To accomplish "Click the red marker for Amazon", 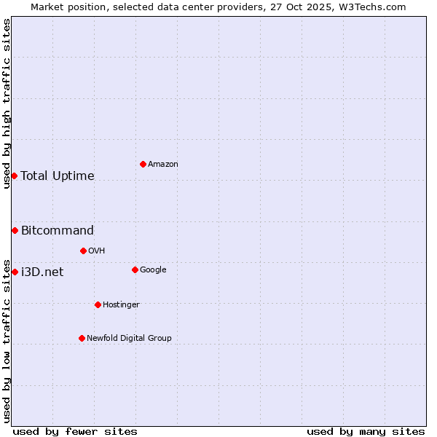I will point(143,164).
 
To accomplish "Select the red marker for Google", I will point(135,269).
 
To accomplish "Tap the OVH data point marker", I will point(83,251).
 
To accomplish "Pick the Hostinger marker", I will point(98,304).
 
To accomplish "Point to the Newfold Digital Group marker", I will point(82,338).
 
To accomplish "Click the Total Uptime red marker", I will point(14,176).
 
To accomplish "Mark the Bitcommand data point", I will point(15,230).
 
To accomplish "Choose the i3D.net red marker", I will point(15,272).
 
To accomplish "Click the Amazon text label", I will point(163,165).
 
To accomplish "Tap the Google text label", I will point(153,270).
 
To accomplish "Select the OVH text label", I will point(97,251).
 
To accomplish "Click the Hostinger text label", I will point(121,304).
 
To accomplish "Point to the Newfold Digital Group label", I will point(129,338).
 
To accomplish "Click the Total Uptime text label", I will point(58,176).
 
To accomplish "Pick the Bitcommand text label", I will point(58,231).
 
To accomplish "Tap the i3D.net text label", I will point(42,272).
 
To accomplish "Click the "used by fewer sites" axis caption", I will point(75,431).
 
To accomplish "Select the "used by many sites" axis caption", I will point(366,431).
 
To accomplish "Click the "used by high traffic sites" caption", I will point(7,103).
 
